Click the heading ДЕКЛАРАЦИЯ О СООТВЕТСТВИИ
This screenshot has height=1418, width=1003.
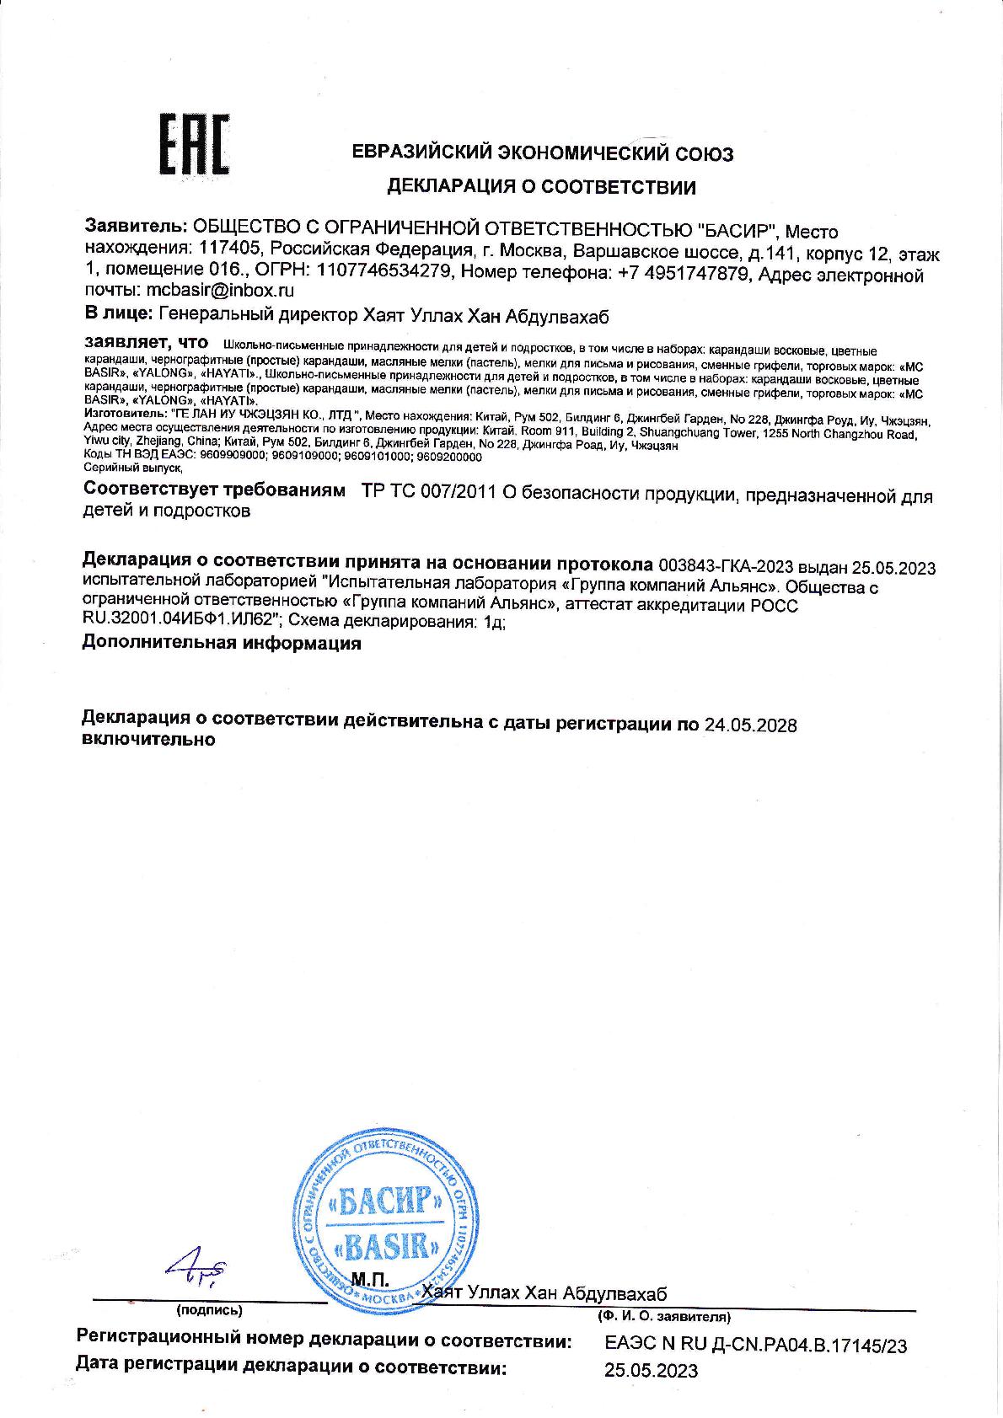[541, 187]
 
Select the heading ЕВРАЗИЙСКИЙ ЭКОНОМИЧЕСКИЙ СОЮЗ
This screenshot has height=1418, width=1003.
[542, 153]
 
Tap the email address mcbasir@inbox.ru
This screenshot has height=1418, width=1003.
[221, 291]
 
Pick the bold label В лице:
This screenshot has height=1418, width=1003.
[119, 316]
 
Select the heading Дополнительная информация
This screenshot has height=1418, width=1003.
[222, 644]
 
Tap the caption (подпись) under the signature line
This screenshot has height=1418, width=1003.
[209, 1310]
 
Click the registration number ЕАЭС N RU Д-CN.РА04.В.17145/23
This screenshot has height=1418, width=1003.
[756, 1346]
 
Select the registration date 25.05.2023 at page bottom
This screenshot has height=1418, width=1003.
[652, 1371]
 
